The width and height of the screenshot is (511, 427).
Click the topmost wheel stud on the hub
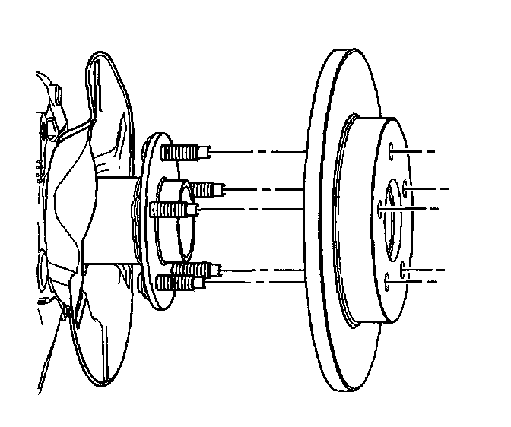pyautogui.click(x=182, y=152)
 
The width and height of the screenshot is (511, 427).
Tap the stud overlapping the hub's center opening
pyautogui.click(x=175, y=208)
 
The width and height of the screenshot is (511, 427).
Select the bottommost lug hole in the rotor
pyautogui.click(x=389, y=283)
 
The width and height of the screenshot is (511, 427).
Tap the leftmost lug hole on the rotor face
pyautogui.click(x=379, y=207)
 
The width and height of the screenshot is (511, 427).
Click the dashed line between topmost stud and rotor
pyautogui.click(x=259, y=153)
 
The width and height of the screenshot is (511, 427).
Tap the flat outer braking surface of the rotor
pyautogui.click(x=323, y=304)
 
